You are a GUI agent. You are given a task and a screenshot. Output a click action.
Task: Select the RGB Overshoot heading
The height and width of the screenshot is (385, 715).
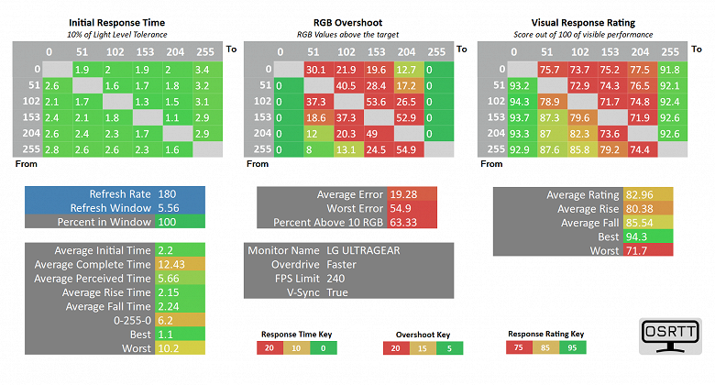click(x=356, y=22)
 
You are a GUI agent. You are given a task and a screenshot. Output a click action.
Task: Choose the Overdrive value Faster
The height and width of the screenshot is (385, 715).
click(x=345, y=264)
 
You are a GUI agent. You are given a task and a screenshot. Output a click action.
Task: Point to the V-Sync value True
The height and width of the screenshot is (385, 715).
click(x=337, y=292)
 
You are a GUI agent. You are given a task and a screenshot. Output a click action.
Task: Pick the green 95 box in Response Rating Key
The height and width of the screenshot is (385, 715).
click(x=569, y=347)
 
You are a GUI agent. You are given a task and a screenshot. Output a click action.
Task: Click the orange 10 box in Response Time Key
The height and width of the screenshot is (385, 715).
click(x=296, y=347)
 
